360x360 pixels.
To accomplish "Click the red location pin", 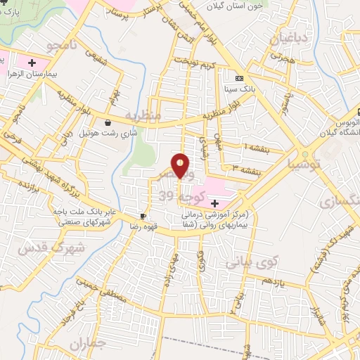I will click(181, 165).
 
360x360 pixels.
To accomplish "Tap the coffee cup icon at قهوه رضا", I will click(143, 216).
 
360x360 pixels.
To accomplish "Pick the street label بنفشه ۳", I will click(247, 169).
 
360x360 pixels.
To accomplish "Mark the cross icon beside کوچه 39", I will click(214, 203).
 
